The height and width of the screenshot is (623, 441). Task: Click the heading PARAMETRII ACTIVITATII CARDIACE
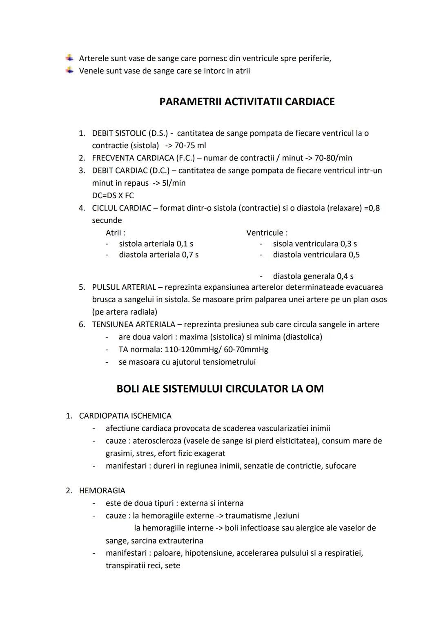(x=247, y=102)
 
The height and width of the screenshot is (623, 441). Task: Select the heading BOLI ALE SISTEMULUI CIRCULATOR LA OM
(x=220, y=389)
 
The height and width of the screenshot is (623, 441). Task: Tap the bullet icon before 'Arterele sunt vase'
(x=70, y=58)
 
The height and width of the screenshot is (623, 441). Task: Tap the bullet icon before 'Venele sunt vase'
(x=70, y=71)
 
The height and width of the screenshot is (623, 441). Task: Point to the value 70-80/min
(x=333, y=158)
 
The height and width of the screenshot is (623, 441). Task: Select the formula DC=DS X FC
(x=113, y=195)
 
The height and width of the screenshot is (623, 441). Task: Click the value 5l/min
(x=174, y=183)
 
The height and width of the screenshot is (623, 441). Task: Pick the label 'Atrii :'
(x=116, y=233)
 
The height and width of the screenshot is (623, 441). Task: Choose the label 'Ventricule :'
(x=267, y=233)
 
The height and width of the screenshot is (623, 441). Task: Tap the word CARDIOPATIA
(x=104, y=416)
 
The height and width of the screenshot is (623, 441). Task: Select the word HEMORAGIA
(x=102, y=491)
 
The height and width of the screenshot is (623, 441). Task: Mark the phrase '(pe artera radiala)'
(x=125, y=312)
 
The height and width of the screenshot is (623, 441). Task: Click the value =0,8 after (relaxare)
(x=372, y=208)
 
